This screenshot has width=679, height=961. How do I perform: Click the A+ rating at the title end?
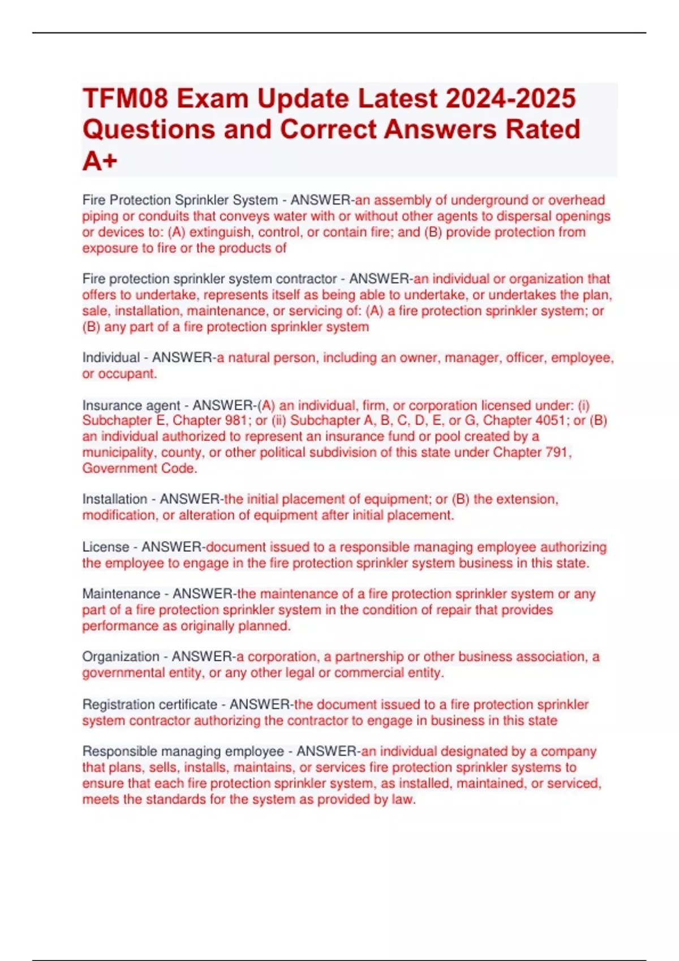100,161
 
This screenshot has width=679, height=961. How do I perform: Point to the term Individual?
111,358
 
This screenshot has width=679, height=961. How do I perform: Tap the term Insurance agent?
131,405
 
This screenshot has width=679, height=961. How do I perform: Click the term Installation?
114,499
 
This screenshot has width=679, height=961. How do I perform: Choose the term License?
105,547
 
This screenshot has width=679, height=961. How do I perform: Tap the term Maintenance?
121,594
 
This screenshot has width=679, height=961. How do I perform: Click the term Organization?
121,657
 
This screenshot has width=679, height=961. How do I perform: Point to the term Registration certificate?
149,704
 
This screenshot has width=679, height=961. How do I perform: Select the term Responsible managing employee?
183,751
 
